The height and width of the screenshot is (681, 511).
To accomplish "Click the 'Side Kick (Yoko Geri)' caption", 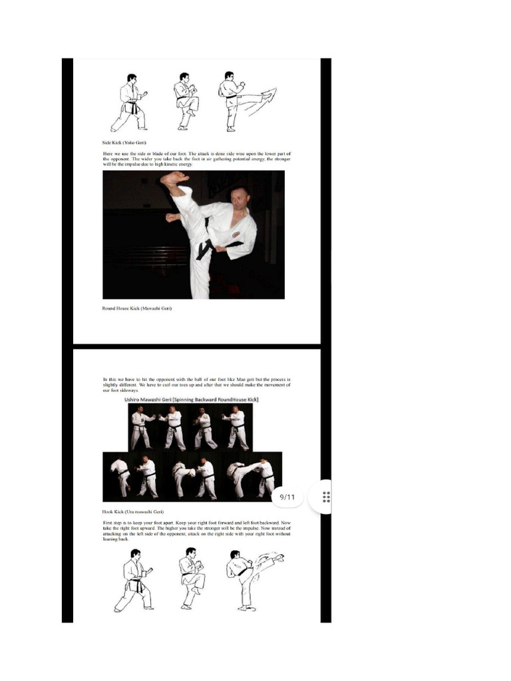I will tap(124, 142).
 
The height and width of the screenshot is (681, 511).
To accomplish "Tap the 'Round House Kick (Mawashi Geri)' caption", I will tap(138, 309).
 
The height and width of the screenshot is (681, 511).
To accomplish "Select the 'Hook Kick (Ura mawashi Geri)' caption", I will tap(133, 512).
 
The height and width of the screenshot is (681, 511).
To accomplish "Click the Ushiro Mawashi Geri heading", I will tap(192, 399).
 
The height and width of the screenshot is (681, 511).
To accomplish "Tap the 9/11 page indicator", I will tap(287, 497).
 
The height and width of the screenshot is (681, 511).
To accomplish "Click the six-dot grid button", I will tap(326, 497).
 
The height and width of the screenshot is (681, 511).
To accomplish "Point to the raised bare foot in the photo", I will tap(174, 178).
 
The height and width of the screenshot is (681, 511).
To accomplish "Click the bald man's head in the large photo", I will tap(241, 198).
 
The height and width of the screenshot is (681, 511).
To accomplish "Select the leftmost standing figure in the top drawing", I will tap(130, 102).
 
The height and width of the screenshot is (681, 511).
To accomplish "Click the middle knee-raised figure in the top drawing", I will tap(186, 101).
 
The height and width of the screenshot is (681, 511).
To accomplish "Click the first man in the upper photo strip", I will tap(140, 428).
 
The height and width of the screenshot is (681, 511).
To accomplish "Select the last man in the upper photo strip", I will tap(236, 428).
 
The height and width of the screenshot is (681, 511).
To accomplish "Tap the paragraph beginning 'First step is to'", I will tap(196, 531).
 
